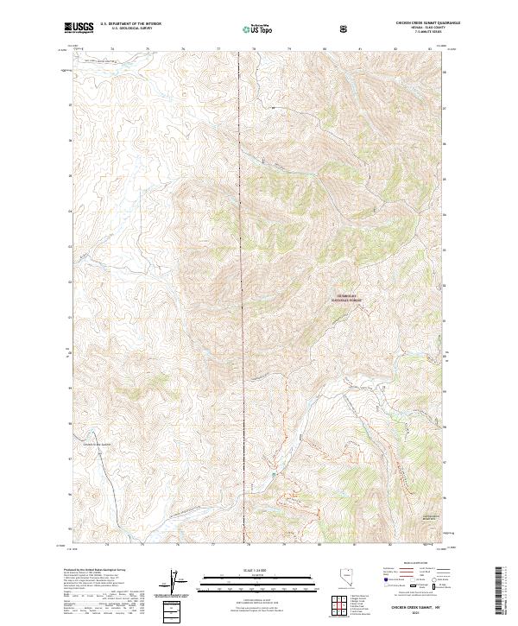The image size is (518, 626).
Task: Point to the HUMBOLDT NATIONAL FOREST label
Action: (x=344, y=298)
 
